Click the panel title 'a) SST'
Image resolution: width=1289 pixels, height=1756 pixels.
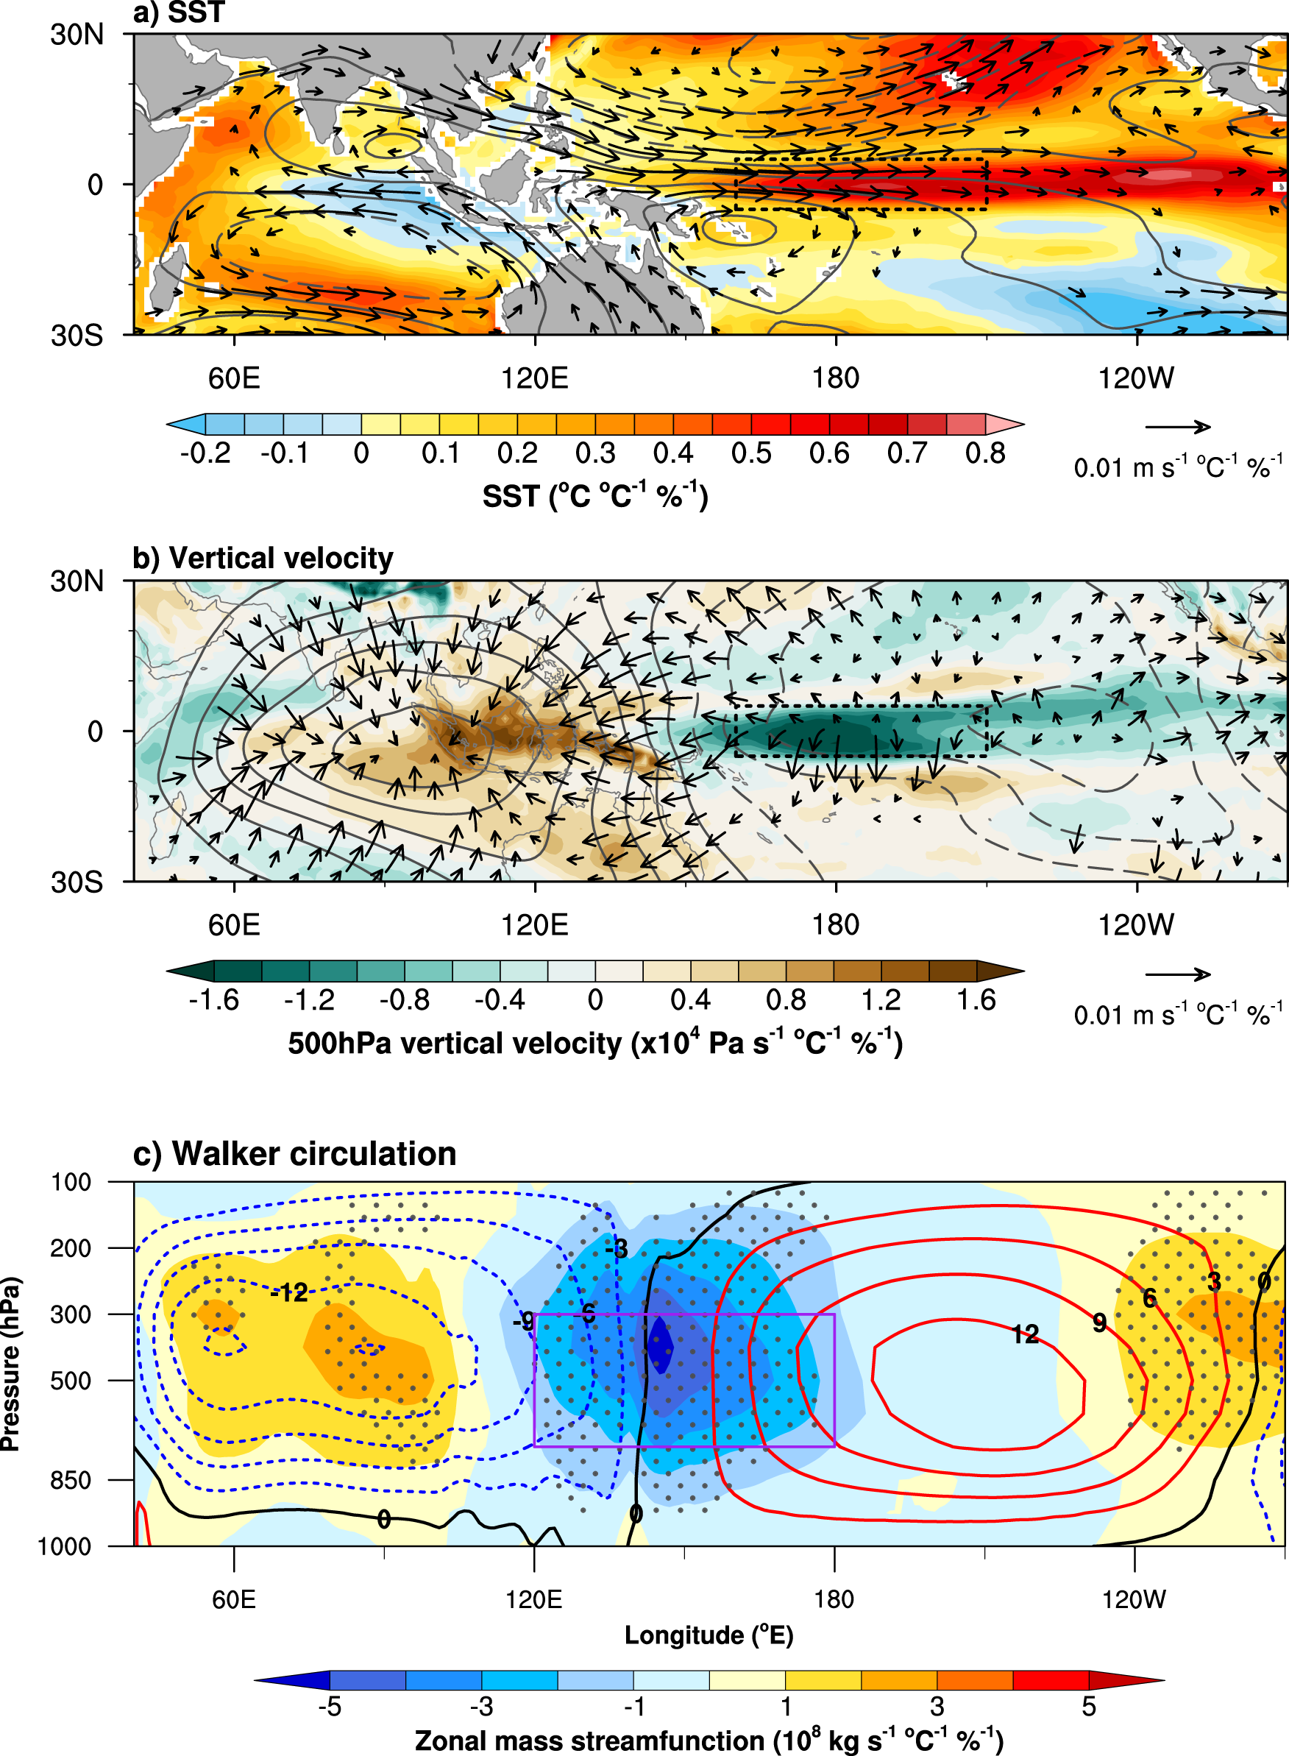179,13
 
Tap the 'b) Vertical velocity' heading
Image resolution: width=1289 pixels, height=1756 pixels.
263,558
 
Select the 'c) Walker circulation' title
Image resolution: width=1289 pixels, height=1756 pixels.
294,1153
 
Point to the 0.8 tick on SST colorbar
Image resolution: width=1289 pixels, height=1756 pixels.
985,453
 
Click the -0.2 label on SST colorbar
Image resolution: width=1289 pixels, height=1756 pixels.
205,453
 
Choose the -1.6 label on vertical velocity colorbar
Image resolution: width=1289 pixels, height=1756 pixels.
214,999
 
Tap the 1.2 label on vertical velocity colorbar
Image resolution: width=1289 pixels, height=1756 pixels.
881,999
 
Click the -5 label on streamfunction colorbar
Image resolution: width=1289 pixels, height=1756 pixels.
330,1706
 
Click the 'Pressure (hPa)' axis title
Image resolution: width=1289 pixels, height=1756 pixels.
11,1364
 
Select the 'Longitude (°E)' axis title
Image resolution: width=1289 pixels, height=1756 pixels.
709,1635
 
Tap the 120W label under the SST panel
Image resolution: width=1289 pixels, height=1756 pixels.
1136,378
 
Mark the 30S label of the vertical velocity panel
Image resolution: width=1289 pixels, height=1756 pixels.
77,882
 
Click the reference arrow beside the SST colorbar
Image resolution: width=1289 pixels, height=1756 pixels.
1177,427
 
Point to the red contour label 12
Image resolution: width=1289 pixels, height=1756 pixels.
1026,1334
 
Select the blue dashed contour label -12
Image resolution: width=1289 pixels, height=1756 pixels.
289,1293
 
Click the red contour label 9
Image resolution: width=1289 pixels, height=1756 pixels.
1099,1323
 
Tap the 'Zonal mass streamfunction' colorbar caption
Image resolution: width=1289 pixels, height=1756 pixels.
709,1741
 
